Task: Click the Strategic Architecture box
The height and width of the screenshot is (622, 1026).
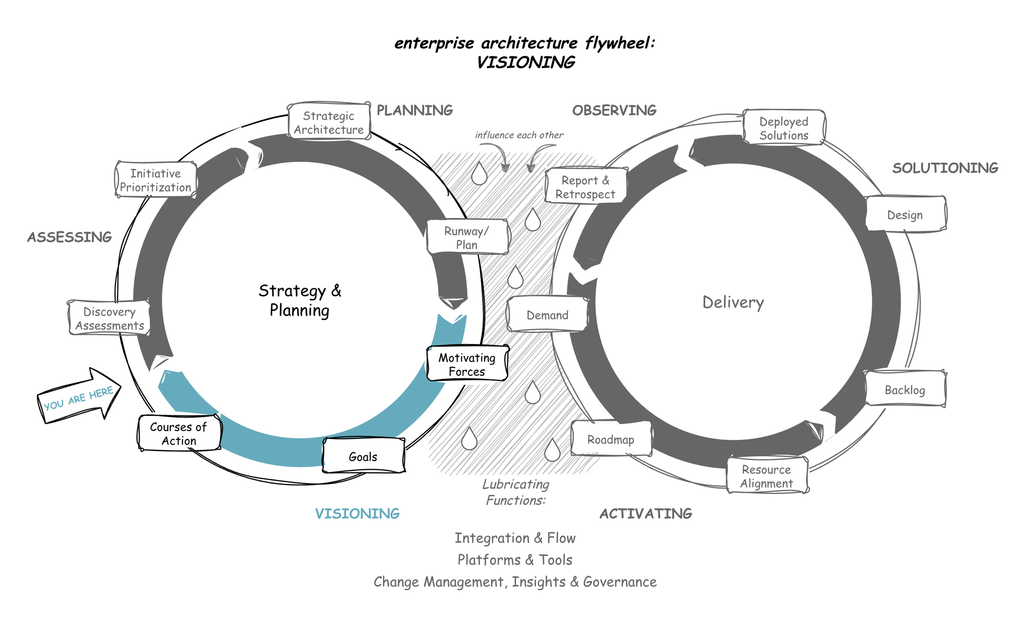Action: coord(329,122)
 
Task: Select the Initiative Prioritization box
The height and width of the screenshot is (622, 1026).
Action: coord(155,180)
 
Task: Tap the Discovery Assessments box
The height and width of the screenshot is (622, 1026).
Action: coord(109,318)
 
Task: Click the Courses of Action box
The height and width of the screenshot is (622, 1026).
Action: coord(179,433)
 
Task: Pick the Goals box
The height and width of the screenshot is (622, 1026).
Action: coord(363,456)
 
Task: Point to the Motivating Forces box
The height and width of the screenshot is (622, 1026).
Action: coord(467,364)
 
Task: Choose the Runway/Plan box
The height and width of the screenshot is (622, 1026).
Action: coord(467,237)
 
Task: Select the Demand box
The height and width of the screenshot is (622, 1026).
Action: coord(547,315)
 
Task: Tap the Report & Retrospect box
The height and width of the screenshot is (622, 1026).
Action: coord(585,187)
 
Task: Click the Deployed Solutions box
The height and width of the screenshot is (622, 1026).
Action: coord(783,128)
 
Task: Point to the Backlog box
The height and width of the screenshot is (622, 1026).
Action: coord(905,390)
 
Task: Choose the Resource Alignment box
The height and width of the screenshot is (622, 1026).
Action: coord(766,476)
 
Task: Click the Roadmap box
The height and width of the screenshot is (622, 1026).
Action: coord(610,439)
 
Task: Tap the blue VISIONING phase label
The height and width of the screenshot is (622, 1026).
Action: coord(357,513)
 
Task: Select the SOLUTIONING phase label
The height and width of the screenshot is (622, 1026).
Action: coord(945,168)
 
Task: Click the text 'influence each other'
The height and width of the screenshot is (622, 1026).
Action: coord(519,135)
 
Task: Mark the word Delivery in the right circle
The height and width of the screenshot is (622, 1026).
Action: coord(733,303)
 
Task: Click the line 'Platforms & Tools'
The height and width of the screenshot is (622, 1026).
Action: coord(515,560)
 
